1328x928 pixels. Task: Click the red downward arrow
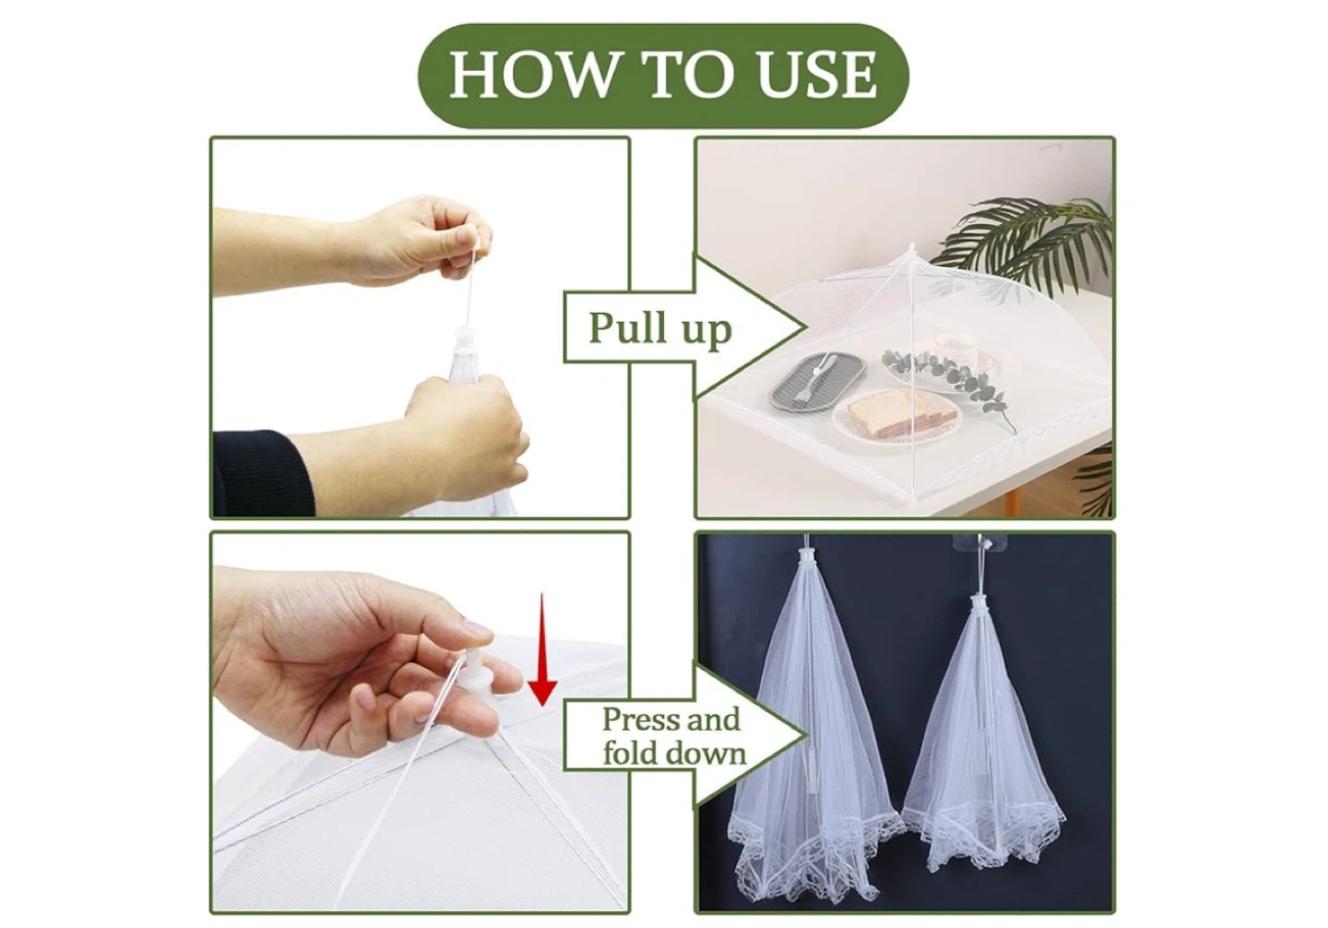pyautogui.click(x=542, y=649)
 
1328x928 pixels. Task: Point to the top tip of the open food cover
pyautogui.click(x=912, y=244)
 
